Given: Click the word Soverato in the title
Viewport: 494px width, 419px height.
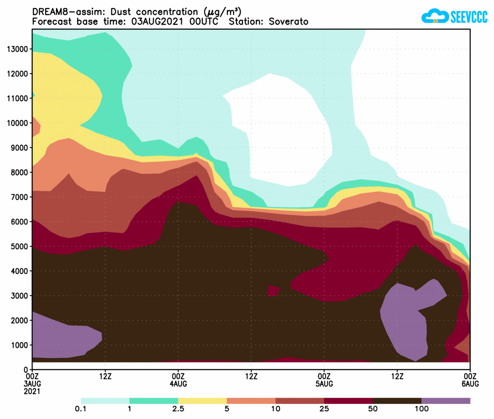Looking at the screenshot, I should tap(288, 21).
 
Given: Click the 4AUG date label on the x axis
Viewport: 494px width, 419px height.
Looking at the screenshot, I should tap(178, 383).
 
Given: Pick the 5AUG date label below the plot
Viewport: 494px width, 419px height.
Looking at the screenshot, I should tap(324, 383).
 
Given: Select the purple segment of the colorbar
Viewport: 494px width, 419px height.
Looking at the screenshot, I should tap(446, 401).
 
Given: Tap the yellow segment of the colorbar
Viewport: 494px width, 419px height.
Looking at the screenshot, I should tap(202, 401).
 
